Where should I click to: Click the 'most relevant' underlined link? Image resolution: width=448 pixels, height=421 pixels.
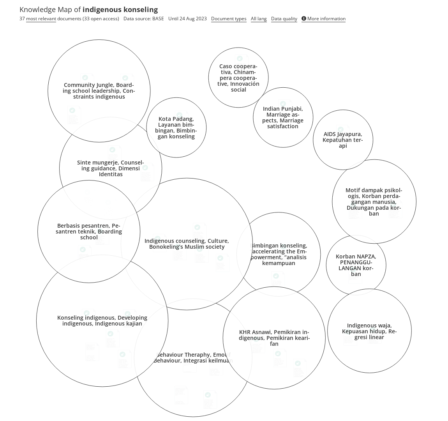pos(41,19)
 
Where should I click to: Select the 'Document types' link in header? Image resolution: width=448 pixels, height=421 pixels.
pos(229,19)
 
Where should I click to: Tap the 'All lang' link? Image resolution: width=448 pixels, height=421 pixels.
pos(259,19)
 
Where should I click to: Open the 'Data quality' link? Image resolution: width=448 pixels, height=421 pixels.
pos(284,19)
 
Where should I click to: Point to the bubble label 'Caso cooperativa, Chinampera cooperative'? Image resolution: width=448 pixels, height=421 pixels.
pos(238,78)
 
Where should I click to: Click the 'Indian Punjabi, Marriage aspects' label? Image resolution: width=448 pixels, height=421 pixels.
pos(283,117)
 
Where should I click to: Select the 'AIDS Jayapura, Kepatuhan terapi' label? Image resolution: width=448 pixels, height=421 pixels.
pos(343,140)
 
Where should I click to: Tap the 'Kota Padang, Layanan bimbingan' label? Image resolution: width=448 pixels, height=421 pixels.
pos(176,127)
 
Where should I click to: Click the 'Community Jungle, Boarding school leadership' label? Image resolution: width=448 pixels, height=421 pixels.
pos(99,91)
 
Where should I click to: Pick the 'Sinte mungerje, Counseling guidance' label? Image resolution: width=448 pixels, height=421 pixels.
pos(111,168)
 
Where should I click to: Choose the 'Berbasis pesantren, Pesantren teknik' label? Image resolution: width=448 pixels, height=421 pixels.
pos(89,232)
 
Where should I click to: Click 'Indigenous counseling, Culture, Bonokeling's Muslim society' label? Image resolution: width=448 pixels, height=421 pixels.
pos(187,244)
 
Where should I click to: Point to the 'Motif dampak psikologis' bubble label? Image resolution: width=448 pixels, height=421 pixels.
pos(374,202)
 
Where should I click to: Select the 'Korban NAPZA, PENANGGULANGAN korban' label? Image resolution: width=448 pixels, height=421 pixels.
pos(356,265)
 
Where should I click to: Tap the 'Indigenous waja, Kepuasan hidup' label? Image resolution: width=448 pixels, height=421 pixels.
pos(369,331)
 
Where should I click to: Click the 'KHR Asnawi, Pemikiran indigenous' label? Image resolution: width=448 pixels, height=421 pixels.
pos(274,338)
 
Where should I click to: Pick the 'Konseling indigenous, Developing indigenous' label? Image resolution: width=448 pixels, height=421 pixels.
pos(102,320)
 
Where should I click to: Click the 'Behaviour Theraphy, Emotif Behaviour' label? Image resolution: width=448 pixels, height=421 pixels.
pos(193,357)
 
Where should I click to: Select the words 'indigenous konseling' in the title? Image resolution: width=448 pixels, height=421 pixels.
pos(120,9)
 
